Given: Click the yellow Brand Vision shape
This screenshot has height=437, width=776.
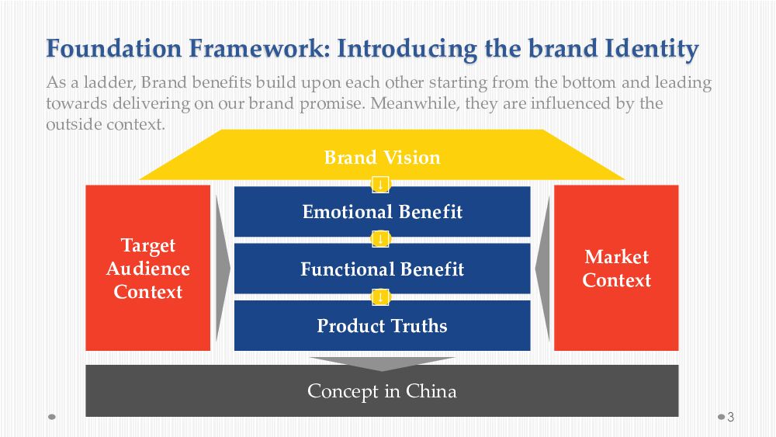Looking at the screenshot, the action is point(382,154).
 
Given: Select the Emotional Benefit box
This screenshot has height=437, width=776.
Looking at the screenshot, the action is point(382,212).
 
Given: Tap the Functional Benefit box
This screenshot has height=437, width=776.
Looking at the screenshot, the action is point(382,269).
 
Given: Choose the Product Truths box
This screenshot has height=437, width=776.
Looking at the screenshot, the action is point(382,326).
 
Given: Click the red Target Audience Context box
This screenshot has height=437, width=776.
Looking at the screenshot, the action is point(148,268).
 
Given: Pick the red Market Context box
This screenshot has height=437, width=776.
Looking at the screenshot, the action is point(616,268).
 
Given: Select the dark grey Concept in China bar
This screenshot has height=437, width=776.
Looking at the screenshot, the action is point(382,391).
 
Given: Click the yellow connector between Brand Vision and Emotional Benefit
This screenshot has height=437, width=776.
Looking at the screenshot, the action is point(380,184).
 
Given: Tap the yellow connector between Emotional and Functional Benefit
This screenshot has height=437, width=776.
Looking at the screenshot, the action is point(380,240).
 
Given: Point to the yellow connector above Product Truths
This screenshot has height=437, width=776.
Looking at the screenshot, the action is point(380,297).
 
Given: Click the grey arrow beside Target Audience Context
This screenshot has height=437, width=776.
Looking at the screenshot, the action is point(223,269).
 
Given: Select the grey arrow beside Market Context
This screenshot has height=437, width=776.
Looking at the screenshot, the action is point(542,269).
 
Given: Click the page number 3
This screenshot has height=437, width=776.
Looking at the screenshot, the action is point(730,417).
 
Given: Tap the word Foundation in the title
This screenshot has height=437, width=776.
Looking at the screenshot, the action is point(114,48).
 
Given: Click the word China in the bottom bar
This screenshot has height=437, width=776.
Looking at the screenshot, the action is point(431,391).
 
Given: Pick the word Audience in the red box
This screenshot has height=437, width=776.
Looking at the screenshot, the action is point(148,269).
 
